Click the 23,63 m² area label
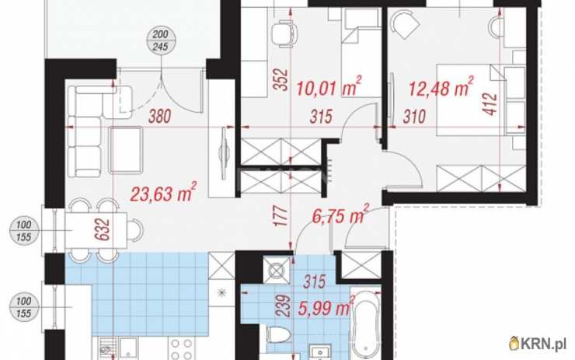pos(163,192)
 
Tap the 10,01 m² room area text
pos(329,87)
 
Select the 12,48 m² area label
pos(441,87)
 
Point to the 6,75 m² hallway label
pos(340,215)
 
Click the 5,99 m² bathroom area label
pos(326,307)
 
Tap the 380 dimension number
pos(159,117)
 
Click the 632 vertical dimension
pos(102,229)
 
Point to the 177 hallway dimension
pos(281,215)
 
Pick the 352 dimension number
pos(281,79)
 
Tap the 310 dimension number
pos(414,117)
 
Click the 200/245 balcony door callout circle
pos(160,40)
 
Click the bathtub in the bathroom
pos(366,322)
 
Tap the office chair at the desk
pos(284,33)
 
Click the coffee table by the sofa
pos(126,150)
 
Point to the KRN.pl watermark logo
pos(537,344)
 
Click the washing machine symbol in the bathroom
pos(276,271)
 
